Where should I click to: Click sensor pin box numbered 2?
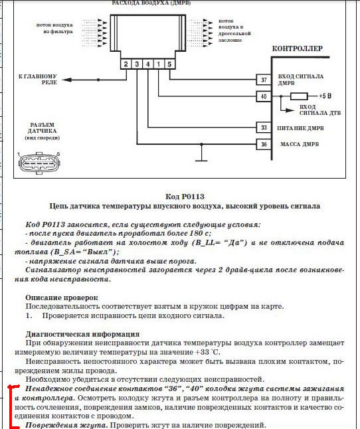tap(126, 64)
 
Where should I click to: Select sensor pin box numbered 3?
tap(137, 64)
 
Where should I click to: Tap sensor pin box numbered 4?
tap(147, 64)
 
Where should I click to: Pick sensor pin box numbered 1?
tap(158, 64)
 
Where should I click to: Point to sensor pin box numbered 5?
tap(169, 64)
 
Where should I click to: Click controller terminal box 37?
tap(264, 80)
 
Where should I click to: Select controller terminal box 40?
tap(264, 96)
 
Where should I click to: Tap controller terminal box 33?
tap(264, 128)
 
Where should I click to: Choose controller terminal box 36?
tap(264, 144)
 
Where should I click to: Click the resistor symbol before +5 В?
tap(299, 96)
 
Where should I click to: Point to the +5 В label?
tap(325, 96)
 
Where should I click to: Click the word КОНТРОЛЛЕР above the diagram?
tap(298, 48)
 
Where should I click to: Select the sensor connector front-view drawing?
tap(39, 163)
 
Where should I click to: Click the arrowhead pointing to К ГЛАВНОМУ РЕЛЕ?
tap(67, 80)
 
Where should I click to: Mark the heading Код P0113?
tap(185, 197)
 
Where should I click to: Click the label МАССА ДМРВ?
tap(300, 144)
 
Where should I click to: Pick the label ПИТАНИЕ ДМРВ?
tap(300, 128)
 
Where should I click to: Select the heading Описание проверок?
tap(62, 298)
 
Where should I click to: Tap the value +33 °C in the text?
tap(208, 352)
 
